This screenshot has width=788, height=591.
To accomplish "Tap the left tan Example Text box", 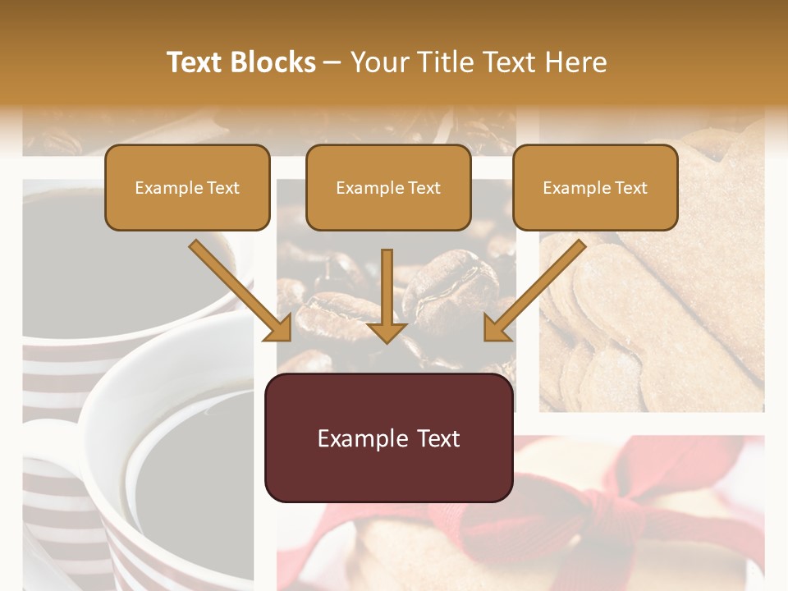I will pos(187,188).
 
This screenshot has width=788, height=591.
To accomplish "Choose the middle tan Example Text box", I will pos(388,188).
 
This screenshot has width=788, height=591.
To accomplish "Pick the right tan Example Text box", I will pos(595,188).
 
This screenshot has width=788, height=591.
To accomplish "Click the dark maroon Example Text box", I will pos(388,438).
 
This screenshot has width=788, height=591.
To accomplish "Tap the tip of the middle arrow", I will pos(387,338).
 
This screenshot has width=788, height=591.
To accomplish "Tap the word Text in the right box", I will pos(631,188).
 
